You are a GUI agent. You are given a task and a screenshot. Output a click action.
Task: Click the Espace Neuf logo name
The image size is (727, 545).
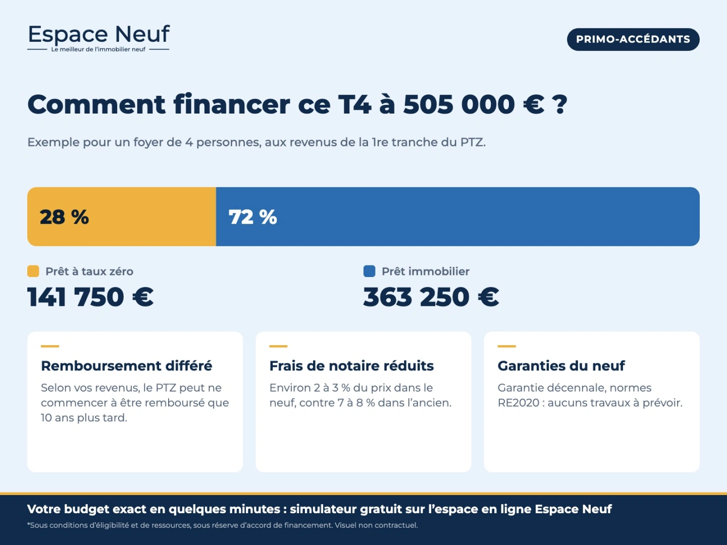point(98,34)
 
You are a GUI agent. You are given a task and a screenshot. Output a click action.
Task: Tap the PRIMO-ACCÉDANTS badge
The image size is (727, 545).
point(633,39)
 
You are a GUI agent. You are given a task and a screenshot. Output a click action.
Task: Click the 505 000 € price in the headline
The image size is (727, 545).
point(474,104)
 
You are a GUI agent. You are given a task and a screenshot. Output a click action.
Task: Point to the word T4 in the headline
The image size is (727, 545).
point(354,104)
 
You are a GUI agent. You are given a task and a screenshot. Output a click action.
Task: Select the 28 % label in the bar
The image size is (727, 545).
point(64,217)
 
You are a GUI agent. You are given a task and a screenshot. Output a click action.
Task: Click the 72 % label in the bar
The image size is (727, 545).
point(253,217)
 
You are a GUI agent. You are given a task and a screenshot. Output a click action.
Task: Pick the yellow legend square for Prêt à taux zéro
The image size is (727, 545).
point(33,271)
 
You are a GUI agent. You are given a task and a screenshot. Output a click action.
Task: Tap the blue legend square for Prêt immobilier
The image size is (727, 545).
point(369,271)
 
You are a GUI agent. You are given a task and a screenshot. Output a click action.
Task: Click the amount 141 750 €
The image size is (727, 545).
point(90,297)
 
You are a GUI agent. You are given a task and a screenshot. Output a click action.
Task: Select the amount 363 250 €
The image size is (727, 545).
point(431,297)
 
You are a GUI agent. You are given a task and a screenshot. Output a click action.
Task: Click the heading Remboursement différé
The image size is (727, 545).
point(127,366)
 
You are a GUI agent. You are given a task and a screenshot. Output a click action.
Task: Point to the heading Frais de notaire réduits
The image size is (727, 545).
point(351,366)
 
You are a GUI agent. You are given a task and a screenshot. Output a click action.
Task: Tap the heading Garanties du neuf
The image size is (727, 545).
point(561,366)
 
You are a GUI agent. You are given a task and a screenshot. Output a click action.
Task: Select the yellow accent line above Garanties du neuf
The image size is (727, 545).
point(507,346)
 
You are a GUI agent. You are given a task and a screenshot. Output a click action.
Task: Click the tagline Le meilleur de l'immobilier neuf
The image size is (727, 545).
point(98,49)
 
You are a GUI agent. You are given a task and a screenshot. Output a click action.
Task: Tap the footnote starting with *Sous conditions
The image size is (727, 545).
point(223,525)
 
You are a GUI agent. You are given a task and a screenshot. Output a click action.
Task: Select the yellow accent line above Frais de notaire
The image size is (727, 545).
point(278,346)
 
